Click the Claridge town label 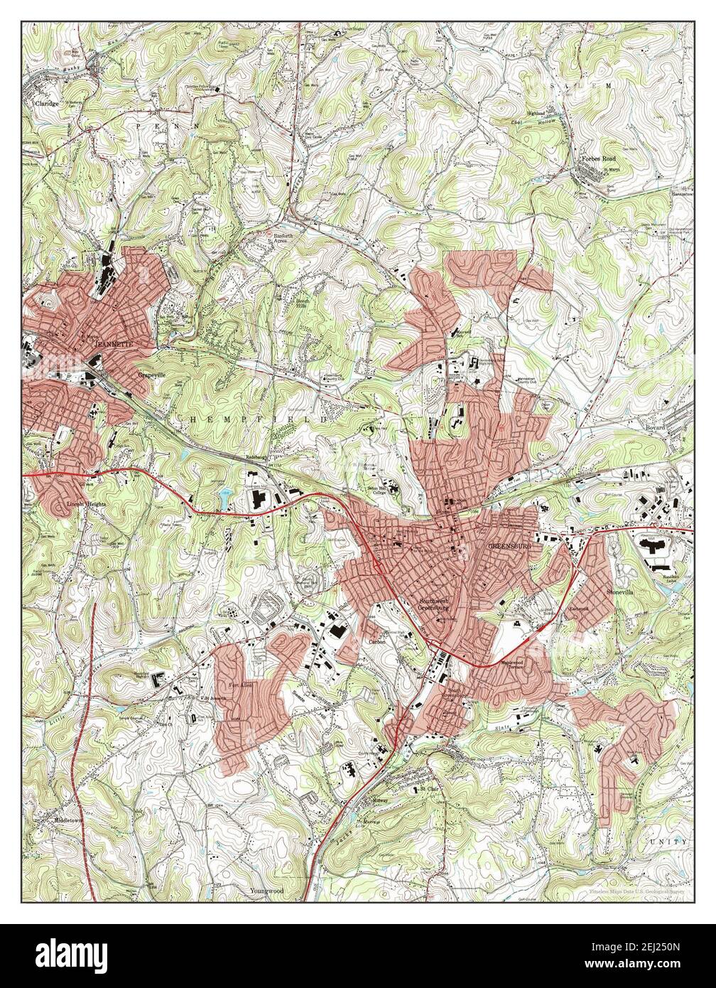48,102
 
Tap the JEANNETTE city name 114,344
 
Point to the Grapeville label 151,372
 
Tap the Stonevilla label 619,591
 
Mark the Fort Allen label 237,687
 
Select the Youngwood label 266,890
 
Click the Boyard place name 654,428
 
